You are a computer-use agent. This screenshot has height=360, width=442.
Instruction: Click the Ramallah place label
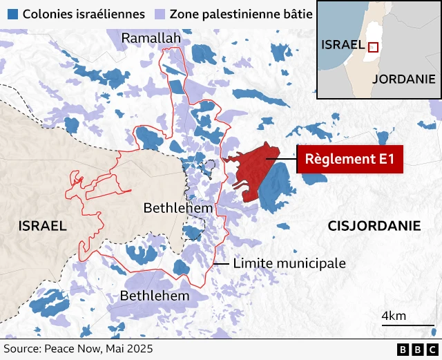(x=151, y=38)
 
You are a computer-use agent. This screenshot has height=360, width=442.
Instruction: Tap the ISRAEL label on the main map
(x=43, y=226)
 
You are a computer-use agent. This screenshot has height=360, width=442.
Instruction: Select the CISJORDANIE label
(x=374, y=225)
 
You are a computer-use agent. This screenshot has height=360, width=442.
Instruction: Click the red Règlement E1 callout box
(x=349, y=160)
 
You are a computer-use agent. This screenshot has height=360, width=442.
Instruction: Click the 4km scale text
(x=394, y=316)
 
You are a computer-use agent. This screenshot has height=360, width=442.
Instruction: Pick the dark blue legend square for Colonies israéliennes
(x=12, y=13)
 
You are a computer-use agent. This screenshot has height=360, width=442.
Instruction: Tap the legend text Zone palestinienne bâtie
(x=240, y=13)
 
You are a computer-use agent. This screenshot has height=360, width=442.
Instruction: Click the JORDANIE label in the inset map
(x=404, y=78)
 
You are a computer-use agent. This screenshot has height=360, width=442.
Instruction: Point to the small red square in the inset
(x=373, y=47)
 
